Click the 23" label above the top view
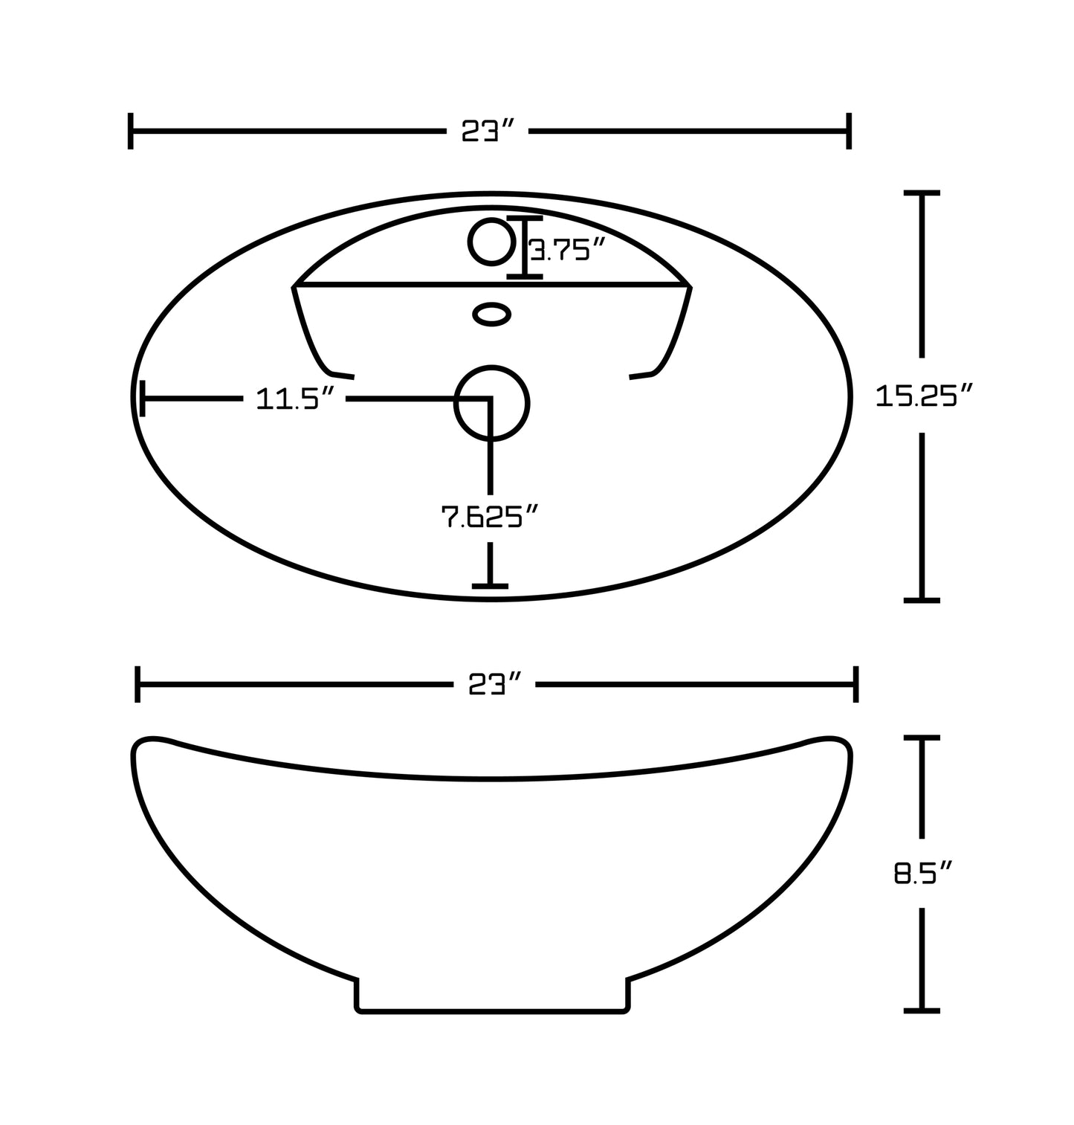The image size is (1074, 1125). [x=488, y=132]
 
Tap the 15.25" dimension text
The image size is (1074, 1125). [x=923, y=396]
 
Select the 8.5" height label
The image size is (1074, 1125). [x=922, y=872]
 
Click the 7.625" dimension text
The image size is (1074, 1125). [x=489, y=516]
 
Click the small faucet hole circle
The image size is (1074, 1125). [x=491, y=242]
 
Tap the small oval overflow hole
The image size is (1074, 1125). [x=492, y=314]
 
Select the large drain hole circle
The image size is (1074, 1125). [x=491, y=403]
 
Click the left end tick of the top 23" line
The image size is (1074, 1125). [x=131, y=132]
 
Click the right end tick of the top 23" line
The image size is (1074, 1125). [x=848, y=132]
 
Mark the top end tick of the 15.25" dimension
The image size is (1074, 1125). [x=922, y=193]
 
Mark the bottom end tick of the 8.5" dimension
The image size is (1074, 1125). [x=922, y=1010]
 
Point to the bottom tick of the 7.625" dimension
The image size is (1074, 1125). [x=490, y=586]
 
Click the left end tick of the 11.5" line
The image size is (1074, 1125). [x=142, y=399]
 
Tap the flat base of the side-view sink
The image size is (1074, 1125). [x=494, y=1011]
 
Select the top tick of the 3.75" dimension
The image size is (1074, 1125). [x=524, y=219]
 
